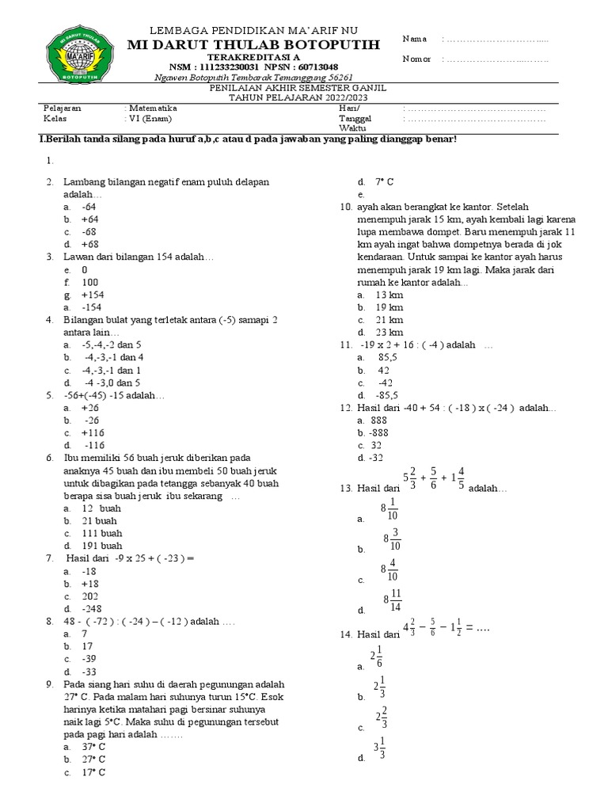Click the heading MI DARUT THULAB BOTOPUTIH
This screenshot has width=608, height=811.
click(x=253, y=44)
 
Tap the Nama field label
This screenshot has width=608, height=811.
click(x=415, y=39)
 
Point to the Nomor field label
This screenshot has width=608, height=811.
click(x=417, y=59)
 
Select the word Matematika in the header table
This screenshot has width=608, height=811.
click(x=153, y=108)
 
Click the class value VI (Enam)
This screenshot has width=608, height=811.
click(x=150, y=119)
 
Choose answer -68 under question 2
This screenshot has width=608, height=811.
click(x=89, y=232)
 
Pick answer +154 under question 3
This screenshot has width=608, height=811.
click(x=92, y=295)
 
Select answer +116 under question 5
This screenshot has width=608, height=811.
click(x=93, y=433)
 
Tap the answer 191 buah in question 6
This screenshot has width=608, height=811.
click(x=101, y=546)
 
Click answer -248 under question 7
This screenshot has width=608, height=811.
click(x=92, y=608)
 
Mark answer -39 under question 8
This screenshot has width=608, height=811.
click(x=89, y=658)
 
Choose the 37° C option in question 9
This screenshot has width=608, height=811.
click(x=93, y=746)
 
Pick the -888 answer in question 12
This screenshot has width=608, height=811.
click(x=379, y=432)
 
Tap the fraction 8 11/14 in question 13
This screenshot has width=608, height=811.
click(x=393, y=600)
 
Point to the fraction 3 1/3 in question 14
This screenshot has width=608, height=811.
click(x=379, y=748)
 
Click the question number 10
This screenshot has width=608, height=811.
click(x=345, y=208)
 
